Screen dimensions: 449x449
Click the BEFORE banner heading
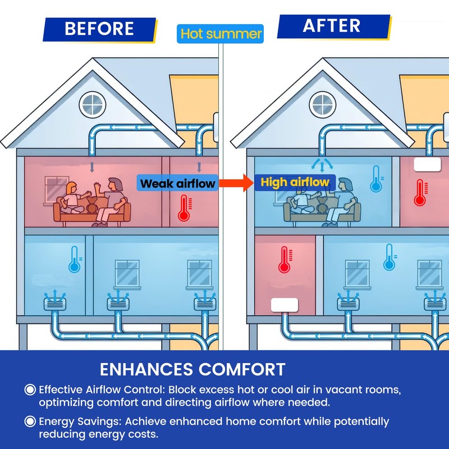click(99, 29)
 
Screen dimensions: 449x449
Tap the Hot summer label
click(220, 34)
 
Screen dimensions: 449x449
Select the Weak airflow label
click(177, 183)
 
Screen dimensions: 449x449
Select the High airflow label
click(295, 182)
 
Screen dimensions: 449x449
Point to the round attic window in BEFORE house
click(93, 105)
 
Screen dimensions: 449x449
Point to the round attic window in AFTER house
click(323, 105)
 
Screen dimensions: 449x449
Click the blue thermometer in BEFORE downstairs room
click(75, 259)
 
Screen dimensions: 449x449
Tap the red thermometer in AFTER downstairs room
click(285, 259)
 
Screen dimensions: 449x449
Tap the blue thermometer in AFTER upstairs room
click(377, 179)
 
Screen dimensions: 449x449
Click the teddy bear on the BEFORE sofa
click(92, 205)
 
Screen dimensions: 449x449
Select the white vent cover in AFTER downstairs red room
click(285, 305)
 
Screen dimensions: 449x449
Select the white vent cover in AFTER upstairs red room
click(427, 164)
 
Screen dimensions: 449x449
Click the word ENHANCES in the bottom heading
click(146, 369)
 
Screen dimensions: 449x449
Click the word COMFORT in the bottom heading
click(242, 369)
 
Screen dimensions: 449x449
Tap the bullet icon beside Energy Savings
click(30, 421)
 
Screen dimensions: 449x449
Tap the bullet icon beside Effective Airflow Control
click(30, 390)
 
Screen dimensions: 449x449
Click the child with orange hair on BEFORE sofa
click(72, 198)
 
